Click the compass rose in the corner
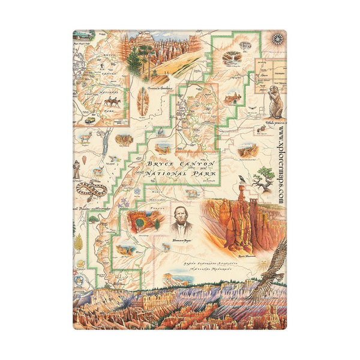coord(277,39)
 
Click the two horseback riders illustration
coord(111,101)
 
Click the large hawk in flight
coord(270,264)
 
